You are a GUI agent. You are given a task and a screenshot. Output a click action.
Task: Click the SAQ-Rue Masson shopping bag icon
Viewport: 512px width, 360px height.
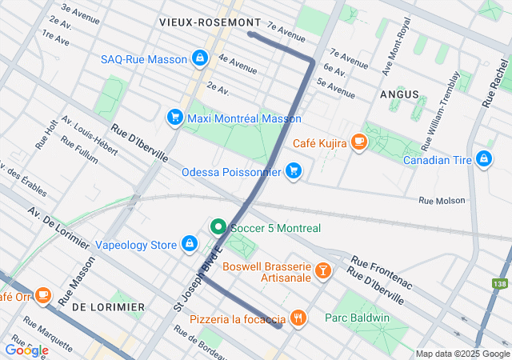199,58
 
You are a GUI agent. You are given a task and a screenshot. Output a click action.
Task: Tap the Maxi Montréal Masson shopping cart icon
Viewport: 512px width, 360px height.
174,118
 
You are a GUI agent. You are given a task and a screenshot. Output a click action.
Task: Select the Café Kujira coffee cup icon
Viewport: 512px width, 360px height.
359,142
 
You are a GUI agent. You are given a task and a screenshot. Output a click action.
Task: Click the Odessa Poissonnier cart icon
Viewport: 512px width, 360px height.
294,171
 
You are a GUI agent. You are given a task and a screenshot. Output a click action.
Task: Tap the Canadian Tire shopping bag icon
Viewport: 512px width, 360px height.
483,158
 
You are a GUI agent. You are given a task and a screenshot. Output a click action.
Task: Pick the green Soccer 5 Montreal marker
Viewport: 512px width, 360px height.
217,228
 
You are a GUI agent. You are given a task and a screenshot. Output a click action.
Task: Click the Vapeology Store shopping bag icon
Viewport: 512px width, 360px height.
189,243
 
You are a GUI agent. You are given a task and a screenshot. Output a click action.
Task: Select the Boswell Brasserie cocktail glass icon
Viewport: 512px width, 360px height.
323,270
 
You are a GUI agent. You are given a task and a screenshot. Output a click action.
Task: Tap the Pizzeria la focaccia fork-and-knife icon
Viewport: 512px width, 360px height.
298,318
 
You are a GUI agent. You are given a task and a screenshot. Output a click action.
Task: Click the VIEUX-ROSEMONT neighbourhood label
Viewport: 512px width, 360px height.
210,22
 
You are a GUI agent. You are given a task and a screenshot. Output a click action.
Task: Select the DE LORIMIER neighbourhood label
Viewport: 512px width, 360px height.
108,306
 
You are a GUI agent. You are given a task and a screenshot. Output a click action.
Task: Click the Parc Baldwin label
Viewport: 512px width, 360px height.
357,318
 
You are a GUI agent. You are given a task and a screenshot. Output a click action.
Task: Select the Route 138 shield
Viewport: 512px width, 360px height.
500,284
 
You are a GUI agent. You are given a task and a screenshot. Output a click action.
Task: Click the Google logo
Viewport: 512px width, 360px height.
26,350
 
